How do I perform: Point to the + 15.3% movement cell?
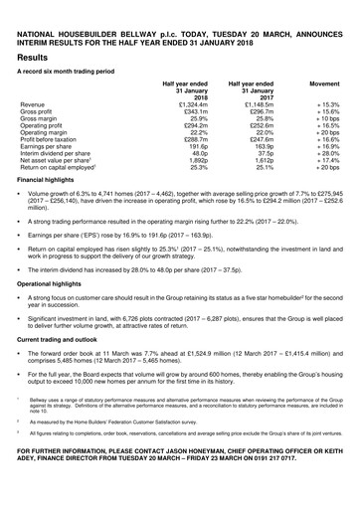(x=326, y=103)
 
